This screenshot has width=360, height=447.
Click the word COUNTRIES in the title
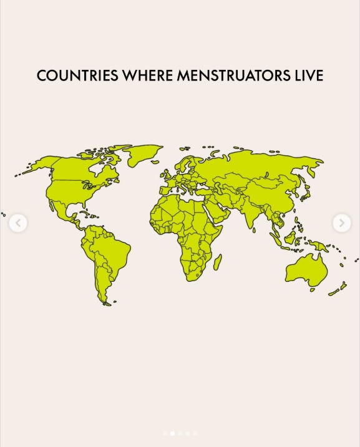click(x=77, y=76)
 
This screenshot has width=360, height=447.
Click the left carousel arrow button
click(x=18, y=223)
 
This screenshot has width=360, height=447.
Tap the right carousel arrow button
click(x=341, y=223)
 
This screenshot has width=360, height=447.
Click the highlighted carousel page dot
click(x=172, y=433)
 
